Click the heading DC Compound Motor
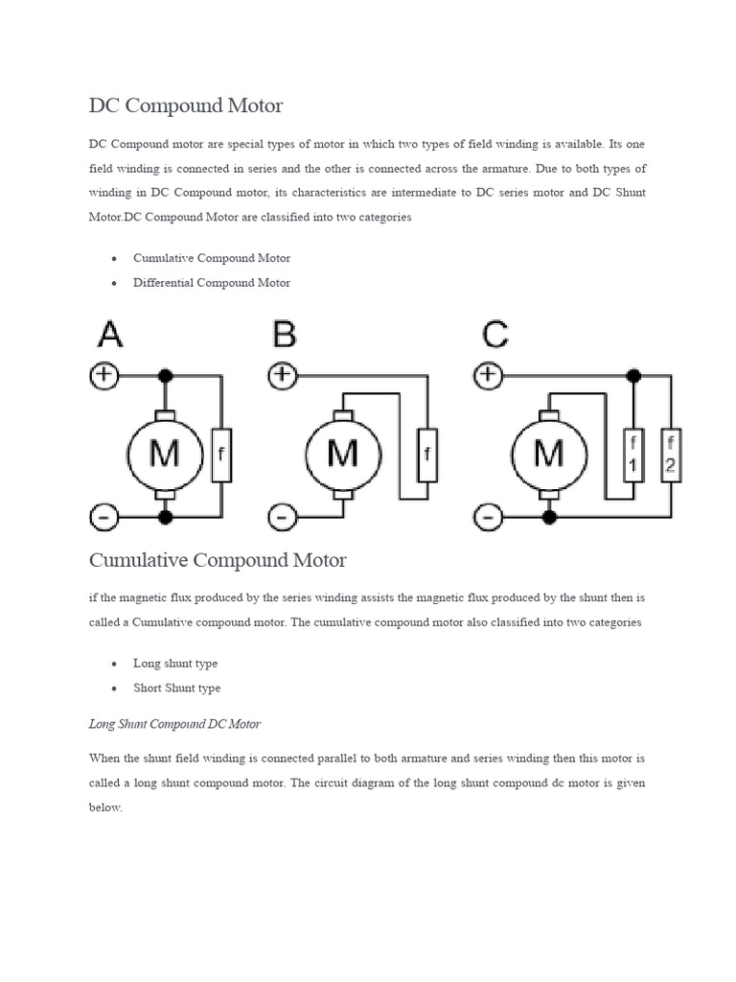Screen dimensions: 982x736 186,105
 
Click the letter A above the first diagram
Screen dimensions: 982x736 110,335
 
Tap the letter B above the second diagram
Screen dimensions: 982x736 285,335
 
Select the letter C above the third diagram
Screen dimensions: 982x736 495,335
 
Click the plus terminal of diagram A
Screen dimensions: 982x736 103,376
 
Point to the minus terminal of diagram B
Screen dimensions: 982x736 282,519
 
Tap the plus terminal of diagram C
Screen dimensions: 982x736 489,374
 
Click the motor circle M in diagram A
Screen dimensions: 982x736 166,454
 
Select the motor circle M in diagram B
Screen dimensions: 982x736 343,454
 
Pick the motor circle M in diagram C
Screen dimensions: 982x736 549,454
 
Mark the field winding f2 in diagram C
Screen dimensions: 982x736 671,455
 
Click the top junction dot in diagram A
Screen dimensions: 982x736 166,375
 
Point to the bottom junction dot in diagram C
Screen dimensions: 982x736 549,518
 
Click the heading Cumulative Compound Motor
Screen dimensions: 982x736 218,559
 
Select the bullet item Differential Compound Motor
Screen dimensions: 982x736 212,283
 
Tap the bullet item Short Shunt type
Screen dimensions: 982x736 176,688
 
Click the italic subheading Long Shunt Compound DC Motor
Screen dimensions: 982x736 174,724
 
